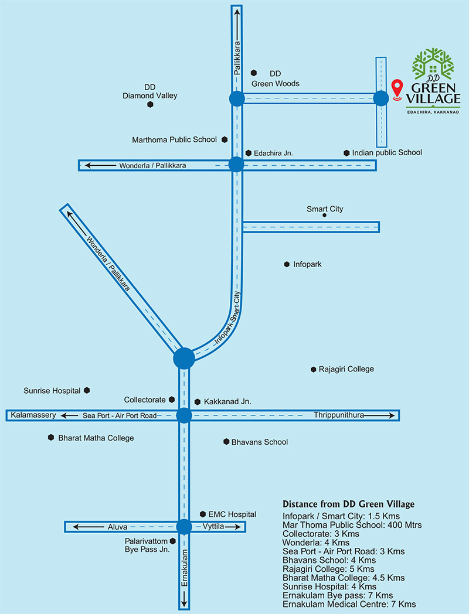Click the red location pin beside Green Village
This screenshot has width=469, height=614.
tap(397, 89)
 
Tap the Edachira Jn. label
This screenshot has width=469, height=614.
tap(273, 153)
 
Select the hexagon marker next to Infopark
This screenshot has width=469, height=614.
tap(287, 264)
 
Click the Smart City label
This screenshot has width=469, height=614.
tap(325, 209)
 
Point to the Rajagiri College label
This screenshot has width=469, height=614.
tap(346, 369)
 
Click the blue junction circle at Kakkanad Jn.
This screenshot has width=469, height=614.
tap(184, 415)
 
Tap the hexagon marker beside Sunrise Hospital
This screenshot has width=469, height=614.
tap(87, 390)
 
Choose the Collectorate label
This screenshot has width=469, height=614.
tap(145, 400)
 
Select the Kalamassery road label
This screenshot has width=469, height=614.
tap(33, 415)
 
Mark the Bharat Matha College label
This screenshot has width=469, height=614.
tap(96, 438)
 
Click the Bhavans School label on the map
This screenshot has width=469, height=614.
tap(259, 442)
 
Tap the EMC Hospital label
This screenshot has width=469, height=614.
tap(232, 514)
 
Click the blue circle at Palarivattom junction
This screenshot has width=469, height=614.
tap(184, 527)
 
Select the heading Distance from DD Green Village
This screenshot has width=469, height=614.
tap(348, 504)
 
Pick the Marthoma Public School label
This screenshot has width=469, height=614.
tap(174, 140)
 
